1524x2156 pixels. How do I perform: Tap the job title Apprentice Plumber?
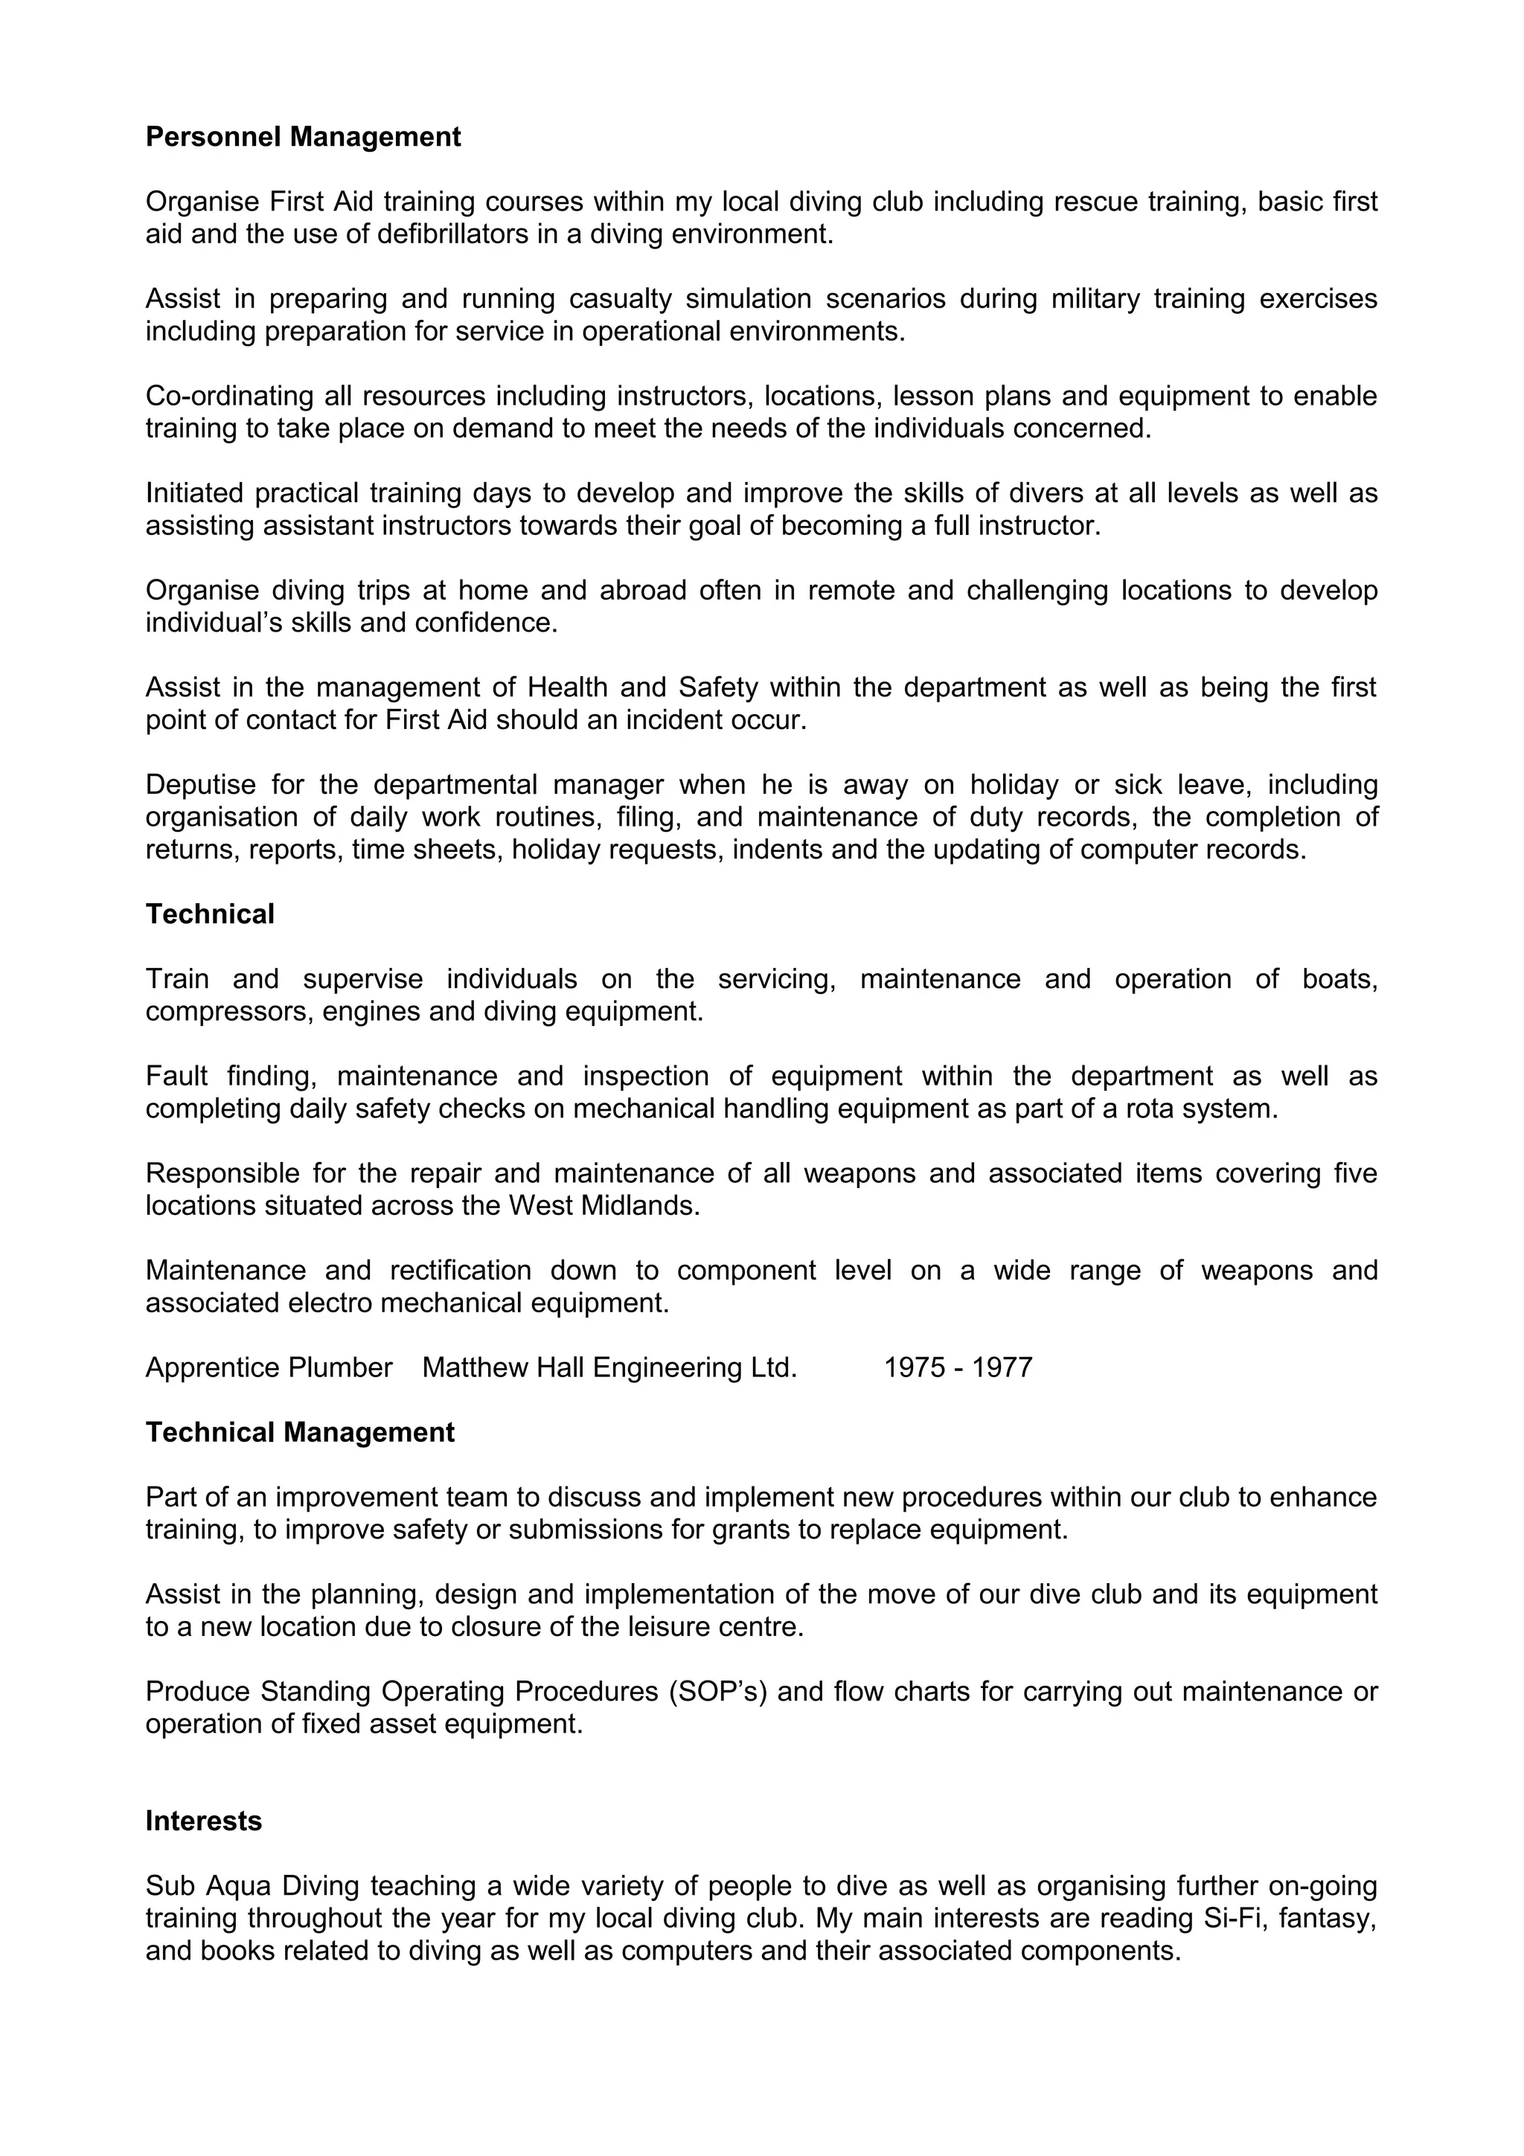coord(269,1368)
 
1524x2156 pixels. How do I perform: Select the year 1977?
coord(1001,1368)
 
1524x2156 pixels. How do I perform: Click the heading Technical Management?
coord(300,1433)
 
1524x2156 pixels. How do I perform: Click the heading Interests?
coord(203,1822)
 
